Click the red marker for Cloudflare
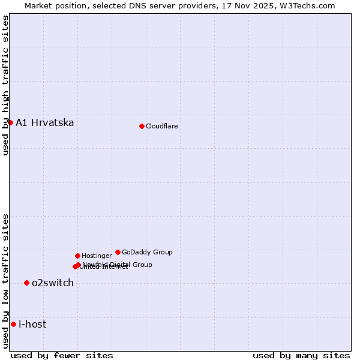(142, 126)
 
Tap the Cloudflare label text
(162, 127)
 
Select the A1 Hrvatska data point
(10, 122)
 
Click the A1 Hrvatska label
(45, 123)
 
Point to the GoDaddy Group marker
(118, 252)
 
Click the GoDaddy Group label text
(147, 253)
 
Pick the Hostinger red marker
(77, 256)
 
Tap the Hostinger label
(97, 256)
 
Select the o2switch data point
(26, 283)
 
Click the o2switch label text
(53, 283)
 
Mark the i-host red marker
(13, 324)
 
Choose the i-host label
(32, 325)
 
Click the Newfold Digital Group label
(118, 265)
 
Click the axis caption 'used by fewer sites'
(62, 355)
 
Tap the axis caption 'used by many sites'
(301, 355)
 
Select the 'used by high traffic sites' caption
(6, 85)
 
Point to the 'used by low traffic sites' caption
(6, 281)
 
